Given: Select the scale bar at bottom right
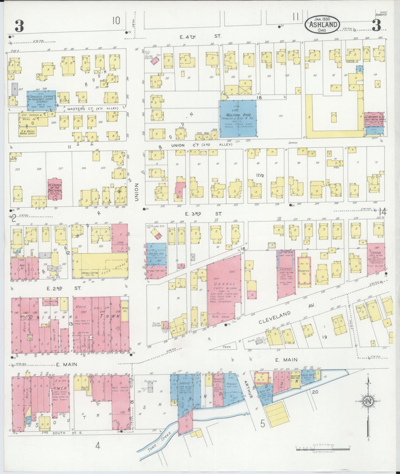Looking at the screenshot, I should click(322, 455).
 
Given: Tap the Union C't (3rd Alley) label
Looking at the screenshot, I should click(201, 145).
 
